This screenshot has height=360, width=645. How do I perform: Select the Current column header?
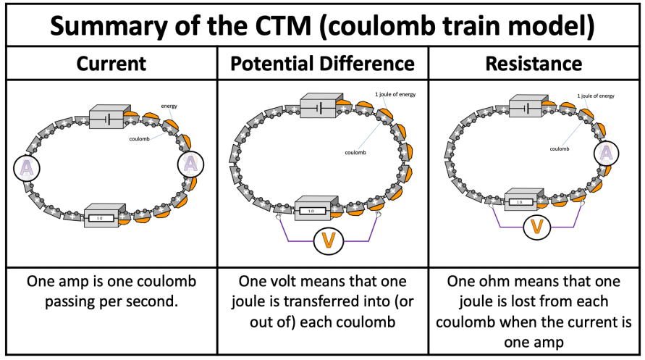coord(111,64)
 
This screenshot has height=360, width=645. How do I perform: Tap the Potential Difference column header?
coord(322,64)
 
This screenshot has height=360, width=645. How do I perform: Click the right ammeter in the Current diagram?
coord(190,164)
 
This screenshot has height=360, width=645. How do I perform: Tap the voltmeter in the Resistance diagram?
coord(536,227)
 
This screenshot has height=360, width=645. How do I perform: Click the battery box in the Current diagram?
coord(106,116)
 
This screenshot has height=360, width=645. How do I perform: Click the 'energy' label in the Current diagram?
coord(169,106)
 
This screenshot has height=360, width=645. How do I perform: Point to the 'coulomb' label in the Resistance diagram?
coord(559,148)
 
